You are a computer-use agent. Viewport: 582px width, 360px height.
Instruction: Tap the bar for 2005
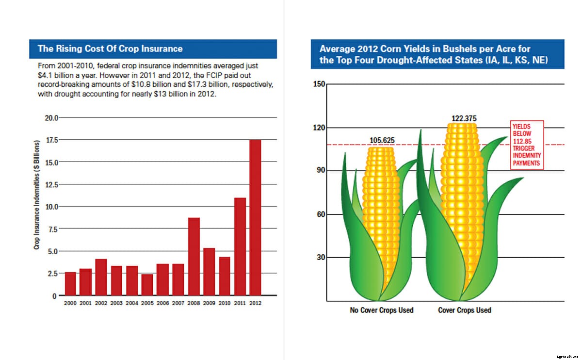pyautogui.click(x=147, y=285)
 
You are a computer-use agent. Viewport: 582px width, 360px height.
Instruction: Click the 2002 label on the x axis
pyautogui.click(x=101, y=303)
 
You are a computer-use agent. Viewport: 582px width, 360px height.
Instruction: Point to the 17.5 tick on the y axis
pyautogui.click(x=50, y=140)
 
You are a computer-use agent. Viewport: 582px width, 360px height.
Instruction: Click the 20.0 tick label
pyautogui.click(x=50, y=117)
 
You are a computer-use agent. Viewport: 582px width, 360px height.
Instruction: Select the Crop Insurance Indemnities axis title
pyautogui.click(x=36, y=195)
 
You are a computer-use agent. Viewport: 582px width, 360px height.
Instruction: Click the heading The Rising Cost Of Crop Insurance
pyautogui.click(x=110, y=49)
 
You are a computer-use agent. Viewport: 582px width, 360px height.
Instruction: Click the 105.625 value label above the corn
pyautogui.click(x=382, y=141)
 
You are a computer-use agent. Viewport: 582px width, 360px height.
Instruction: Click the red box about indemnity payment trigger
pyautogui.click(x=526, y=145)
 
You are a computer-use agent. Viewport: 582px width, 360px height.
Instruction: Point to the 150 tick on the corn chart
pyautogui.click(x=319, y=84)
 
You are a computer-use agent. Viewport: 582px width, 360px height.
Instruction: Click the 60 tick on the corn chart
pyautogui.click(x=321, y=214)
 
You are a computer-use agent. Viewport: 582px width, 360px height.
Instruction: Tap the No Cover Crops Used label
pyautogui.click(x=382, y=310)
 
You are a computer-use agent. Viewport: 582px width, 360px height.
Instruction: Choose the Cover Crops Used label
pyautogui.click(x=464, y=310)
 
